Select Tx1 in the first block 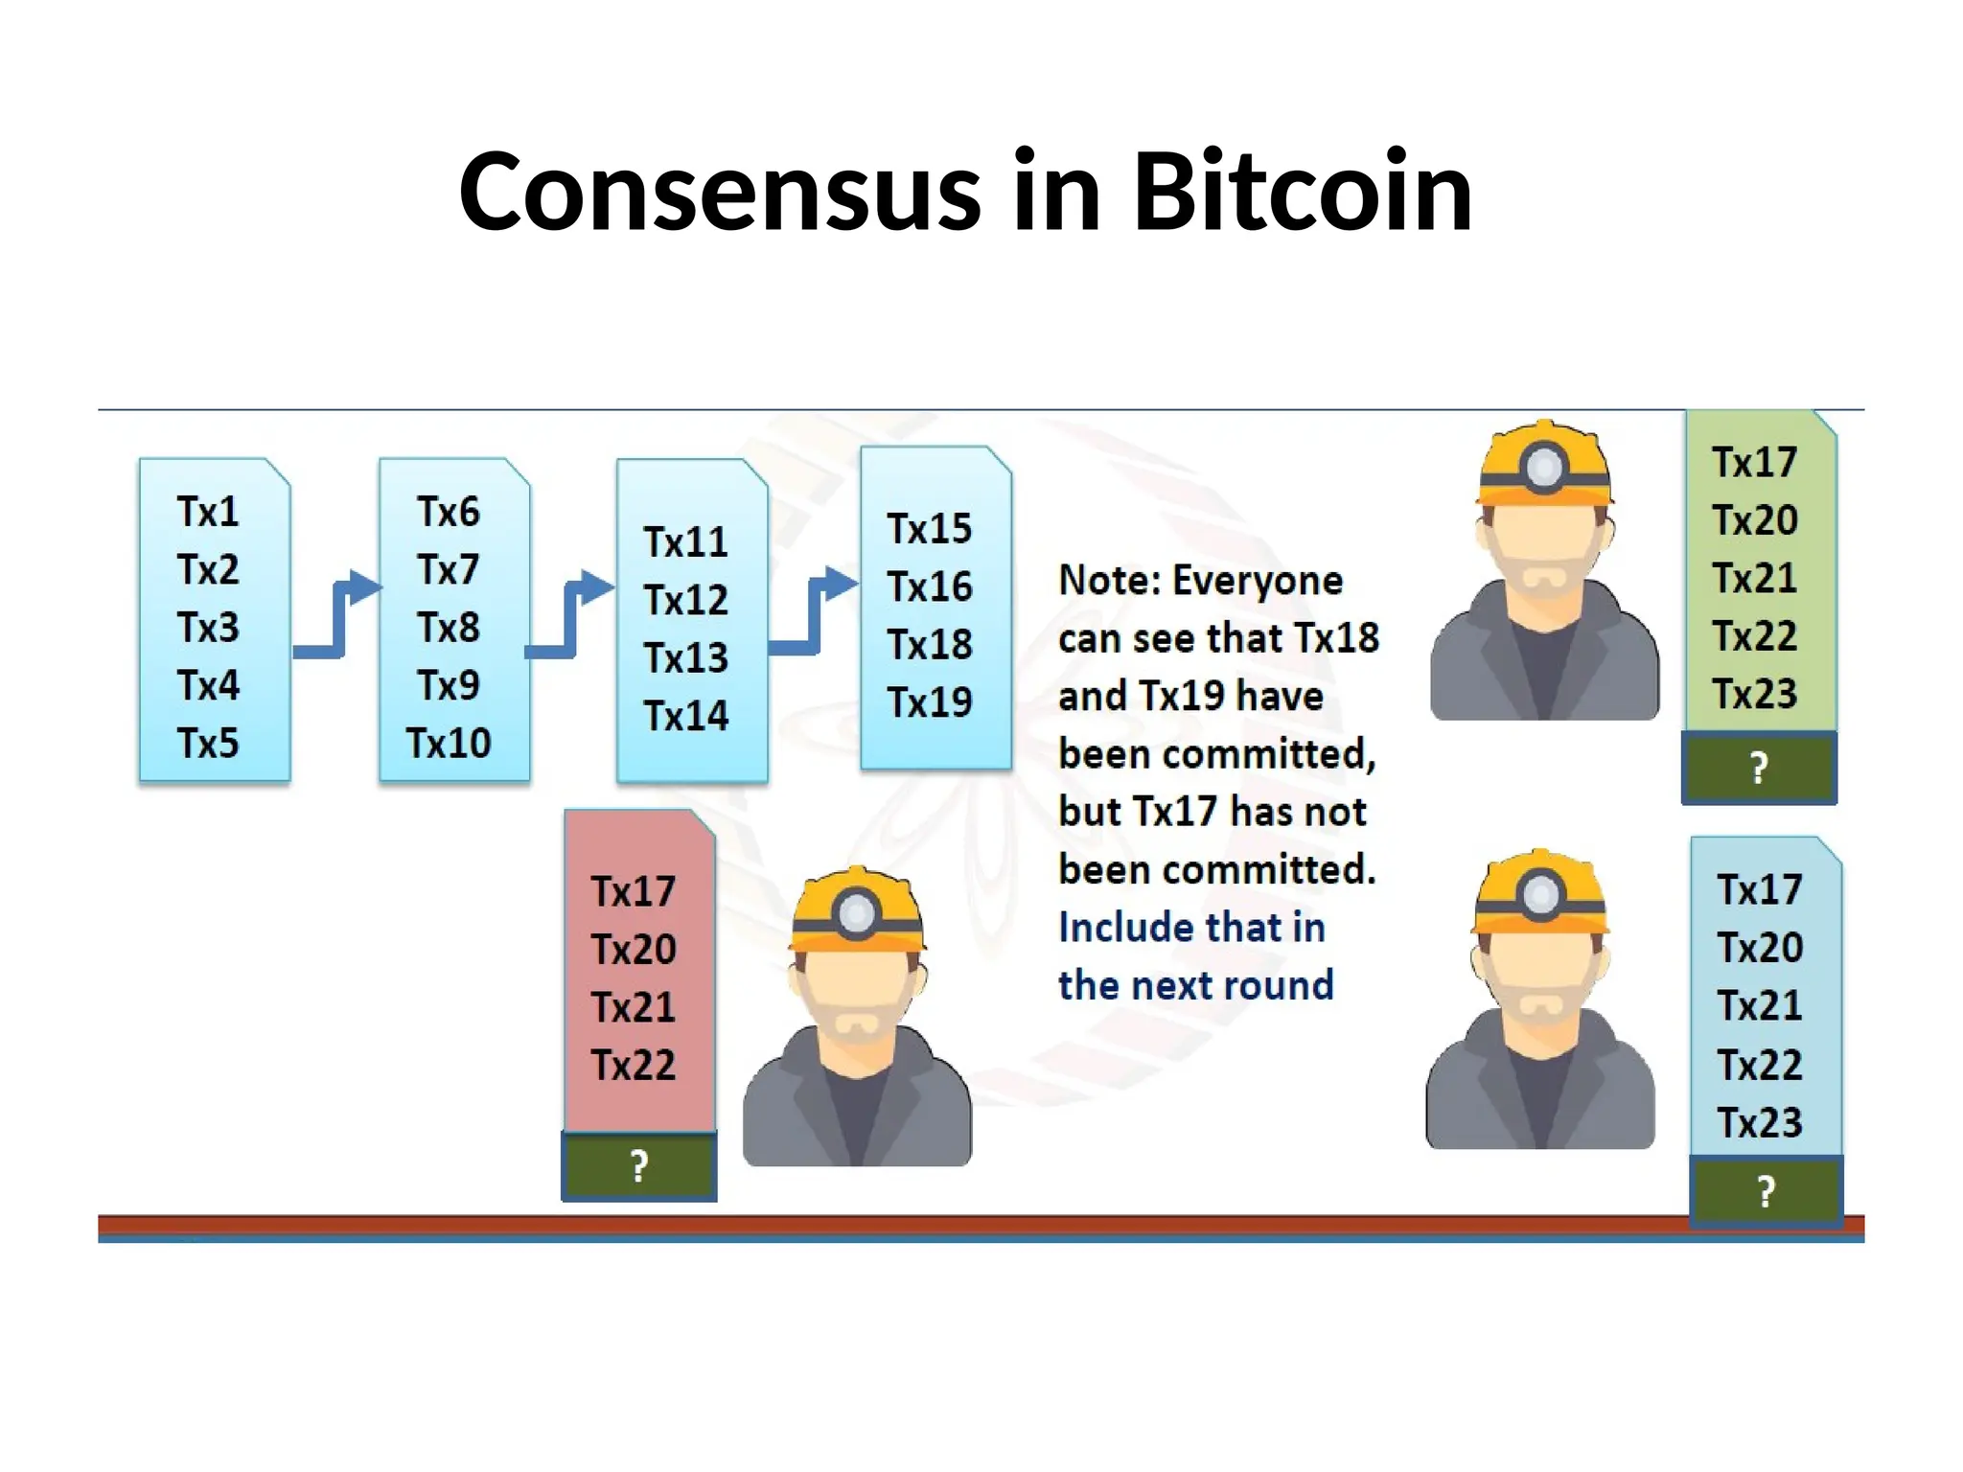coord(208,512)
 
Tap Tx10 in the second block coord(449,744)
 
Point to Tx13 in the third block coord(686,658)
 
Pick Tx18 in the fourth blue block coord(930,644)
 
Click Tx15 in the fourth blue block coord(930,529)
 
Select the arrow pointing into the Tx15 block coord(815,613)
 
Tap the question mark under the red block coord(639,1166)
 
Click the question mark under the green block coord(1759,768)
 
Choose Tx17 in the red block coord(634,892)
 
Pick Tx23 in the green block coord(1755,694)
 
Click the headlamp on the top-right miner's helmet coord(1544,468)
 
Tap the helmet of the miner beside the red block coord(856,910)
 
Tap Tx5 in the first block coord(208,744)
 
